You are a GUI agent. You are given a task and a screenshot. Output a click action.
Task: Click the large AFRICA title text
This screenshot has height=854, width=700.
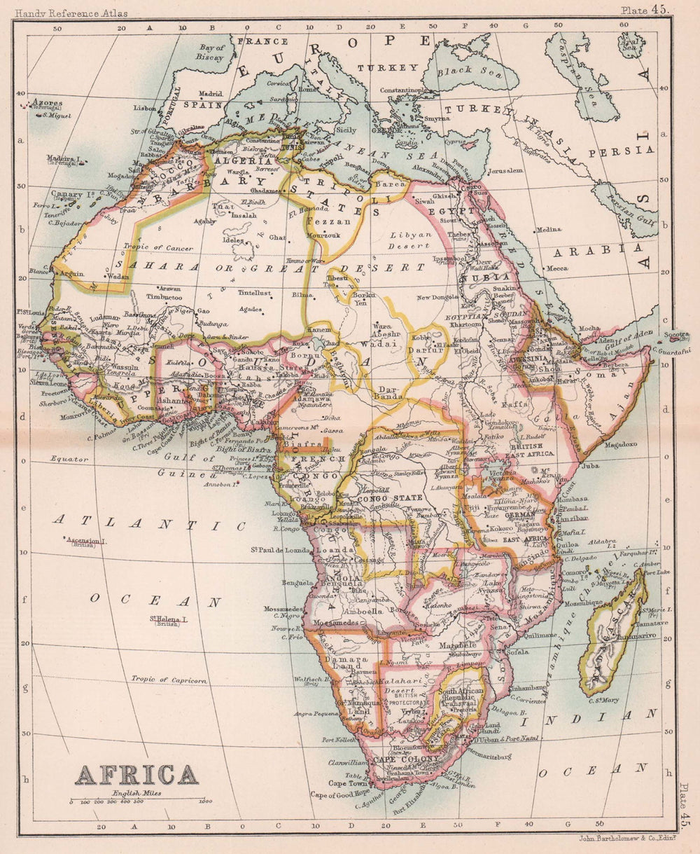136,775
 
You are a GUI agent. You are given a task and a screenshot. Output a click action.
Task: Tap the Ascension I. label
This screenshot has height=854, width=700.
85,541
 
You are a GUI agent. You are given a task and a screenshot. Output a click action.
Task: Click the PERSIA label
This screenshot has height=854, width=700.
630,150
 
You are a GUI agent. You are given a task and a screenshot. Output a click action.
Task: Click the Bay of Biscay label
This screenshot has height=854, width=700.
211,52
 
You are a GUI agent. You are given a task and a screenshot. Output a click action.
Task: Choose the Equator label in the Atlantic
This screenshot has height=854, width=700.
69,459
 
